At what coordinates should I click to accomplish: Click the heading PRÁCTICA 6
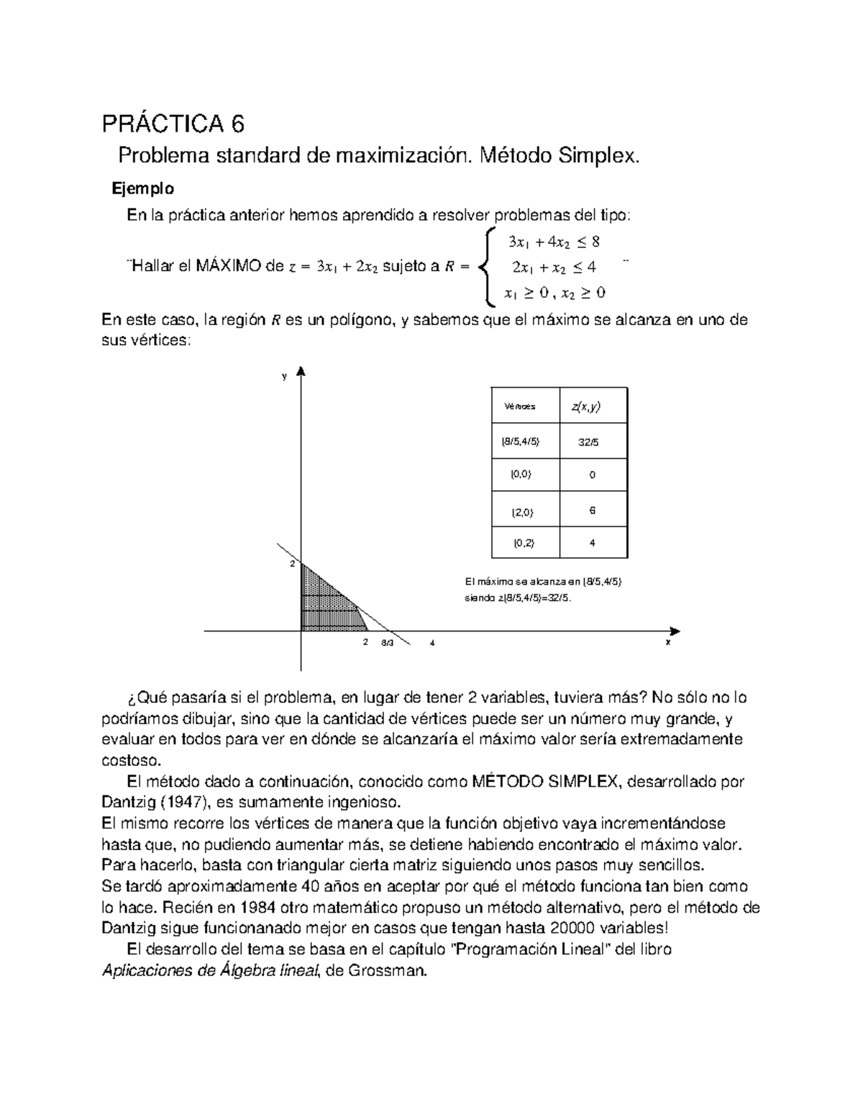click(x=173, y=124)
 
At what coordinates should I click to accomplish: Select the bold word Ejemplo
click(x=142, y=189)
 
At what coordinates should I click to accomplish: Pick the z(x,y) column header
click(x=587, y=406)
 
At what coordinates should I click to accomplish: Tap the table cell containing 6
click(x=592, y=510)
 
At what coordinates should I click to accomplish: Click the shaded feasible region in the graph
click(x=323, y=604)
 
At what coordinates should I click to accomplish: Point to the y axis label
click(x=285, y=376)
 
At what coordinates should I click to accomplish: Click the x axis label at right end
click(x=668, y=642)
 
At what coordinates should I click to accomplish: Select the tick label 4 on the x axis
click(x=432, y=643)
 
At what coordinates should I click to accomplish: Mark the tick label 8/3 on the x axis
click(x=387, y=643)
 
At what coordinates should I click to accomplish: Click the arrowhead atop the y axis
click(x=301, y=372)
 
